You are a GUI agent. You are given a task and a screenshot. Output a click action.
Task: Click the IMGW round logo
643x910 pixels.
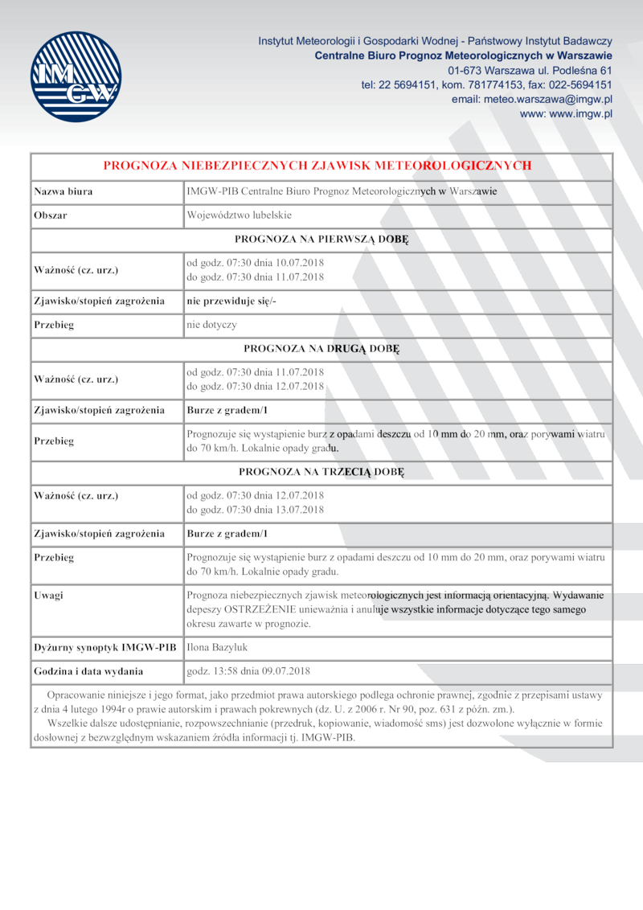[x=76, y=76]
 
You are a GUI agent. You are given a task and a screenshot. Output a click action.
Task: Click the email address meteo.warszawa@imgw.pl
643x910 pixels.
[x=532, y=99]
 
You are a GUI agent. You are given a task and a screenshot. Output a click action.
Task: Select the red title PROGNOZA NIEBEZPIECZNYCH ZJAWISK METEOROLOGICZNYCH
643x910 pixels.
[x=317, y=166]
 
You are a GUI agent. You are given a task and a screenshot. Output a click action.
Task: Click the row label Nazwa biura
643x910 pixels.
[x=63, y=191]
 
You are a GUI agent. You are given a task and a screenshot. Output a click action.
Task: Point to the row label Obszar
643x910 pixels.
[x=51, y=215]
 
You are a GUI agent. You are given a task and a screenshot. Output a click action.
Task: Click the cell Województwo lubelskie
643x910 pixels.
[x=239, y=215]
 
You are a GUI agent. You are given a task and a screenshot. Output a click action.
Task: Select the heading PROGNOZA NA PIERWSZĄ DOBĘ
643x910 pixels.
[x=321, y=239]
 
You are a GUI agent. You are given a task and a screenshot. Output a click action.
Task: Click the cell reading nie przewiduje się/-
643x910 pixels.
[x=232, y=301]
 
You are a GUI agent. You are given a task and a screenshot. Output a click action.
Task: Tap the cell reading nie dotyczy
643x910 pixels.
[x=211, y=325]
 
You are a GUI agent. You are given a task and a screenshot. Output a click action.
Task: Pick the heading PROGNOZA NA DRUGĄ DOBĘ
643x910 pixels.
[x=321, y=349]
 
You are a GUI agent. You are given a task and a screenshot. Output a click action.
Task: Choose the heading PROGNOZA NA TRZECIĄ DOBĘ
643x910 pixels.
[x=321, y=471]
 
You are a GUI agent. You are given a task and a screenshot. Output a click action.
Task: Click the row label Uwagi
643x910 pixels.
[x=49, y=596]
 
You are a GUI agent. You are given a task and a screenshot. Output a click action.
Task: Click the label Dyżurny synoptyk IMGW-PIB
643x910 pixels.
[x=104, y=646]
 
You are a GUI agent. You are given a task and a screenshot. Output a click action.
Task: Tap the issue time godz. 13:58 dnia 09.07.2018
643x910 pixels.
[x=248, y=670]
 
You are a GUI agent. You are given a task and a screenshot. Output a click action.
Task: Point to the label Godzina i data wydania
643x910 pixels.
[x=88, y=670]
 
